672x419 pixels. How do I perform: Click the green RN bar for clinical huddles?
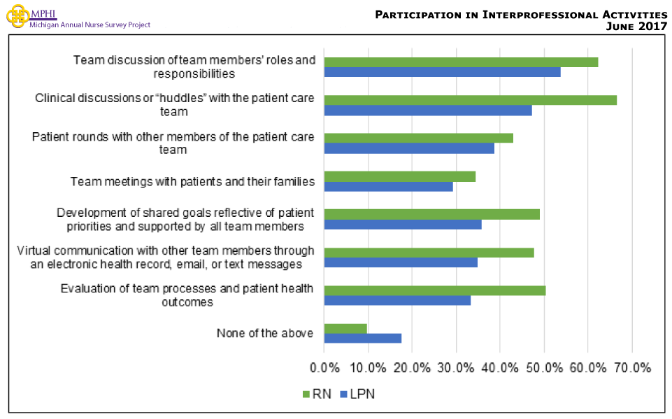tap(470, 100)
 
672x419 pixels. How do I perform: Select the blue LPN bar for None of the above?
tap(362, 339)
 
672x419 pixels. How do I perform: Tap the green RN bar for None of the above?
tap(345, 328)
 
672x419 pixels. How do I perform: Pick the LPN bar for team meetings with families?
tap(388, 187)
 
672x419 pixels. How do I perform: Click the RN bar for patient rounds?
tap(418, 138)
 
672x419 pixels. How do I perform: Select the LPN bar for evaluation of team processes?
tap(397, 301)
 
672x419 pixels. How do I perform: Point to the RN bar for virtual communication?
tap(429, 253)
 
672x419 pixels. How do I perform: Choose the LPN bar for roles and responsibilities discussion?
tap(442, 72)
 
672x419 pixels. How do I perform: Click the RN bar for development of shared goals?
tap(431, 214)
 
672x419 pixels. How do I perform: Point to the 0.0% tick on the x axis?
tap(324, 367)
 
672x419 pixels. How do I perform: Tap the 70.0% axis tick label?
tap(632, 367)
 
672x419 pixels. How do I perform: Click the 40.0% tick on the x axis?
tap(500, 367)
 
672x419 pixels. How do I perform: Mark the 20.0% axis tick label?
tap(412, 367)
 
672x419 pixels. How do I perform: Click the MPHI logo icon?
tap(18, 17)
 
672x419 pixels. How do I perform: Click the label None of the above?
tap(264, 333)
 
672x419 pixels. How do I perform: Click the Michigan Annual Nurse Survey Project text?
tap(90, 24)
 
